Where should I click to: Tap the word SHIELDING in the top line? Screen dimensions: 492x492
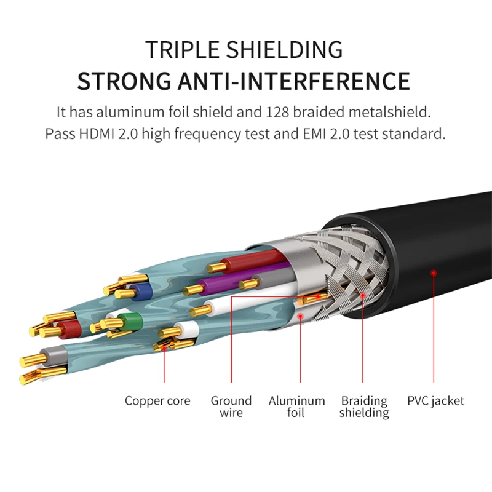pos(286,49)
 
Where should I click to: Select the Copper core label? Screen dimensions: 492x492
pos(157,401)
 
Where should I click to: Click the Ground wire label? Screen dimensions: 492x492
pos(231,407)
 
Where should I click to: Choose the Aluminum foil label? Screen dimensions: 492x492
pos(296,407)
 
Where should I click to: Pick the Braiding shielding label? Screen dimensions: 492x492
pos(364,407)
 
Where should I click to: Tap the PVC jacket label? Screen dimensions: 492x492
pos(435,401)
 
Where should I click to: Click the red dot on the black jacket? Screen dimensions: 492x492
pos(434,271)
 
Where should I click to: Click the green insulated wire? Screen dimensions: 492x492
pos(130,320)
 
